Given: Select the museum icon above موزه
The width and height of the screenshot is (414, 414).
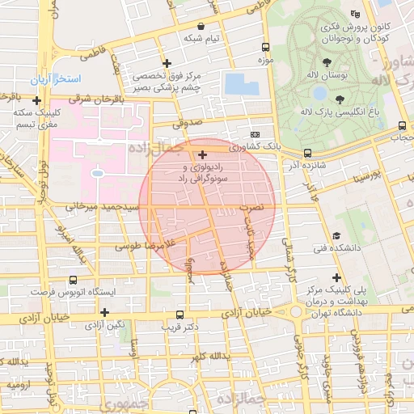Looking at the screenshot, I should (x=264, y=49).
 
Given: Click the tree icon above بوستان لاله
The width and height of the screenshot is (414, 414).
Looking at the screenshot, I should (x=327, y=62).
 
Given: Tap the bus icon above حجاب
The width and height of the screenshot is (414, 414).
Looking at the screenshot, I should (x=403, y=125).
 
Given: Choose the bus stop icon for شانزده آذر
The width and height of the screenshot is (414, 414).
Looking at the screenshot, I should (x=307, y=153).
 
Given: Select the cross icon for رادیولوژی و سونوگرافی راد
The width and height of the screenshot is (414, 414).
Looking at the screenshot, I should (x=202, y=154).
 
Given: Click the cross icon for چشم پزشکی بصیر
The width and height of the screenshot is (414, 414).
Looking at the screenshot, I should (x=167, y=63).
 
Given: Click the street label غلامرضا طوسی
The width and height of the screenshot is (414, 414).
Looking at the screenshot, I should (x=146, y=244).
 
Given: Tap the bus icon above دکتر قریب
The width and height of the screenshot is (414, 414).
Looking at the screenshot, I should (x=180, y=315).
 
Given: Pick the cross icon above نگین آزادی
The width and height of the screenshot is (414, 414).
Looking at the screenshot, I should (x=103, y=312).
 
